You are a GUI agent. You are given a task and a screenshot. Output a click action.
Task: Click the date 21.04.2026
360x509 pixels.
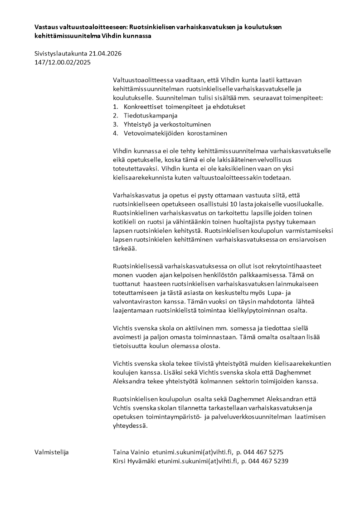[x=106, y=54]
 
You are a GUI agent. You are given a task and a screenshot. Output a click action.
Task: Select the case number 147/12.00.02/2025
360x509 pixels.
[x=63, y=63]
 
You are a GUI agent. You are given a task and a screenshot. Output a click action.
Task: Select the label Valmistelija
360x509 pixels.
[x=52, y=452]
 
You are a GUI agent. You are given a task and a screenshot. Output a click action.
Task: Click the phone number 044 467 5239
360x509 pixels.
[x=267, y=461]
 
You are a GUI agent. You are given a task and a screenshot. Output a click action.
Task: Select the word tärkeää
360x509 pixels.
[x=125, y=249]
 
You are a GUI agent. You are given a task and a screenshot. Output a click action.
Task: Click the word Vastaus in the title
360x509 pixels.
[x=47, y=27]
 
